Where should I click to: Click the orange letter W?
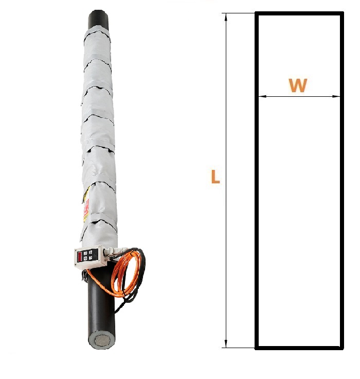pyautogui.click(x=298, y=85)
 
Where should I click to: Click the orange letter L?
pyautogui.click(x=215, y=177)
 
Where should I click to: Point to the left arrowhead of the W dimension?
pyautogui.click(x=262, y=96)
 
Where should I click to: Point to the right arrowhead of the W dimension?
pyautogui.click(x=336, y=96)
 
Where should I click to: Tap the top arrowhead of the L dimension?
pyautogui.click(x=226, y=18)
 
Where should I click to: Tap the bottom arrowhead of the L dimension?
pyautogui.click(x=226, y=343)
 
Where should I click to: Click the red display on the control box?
pyautogui.click(x=79, y=256)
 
